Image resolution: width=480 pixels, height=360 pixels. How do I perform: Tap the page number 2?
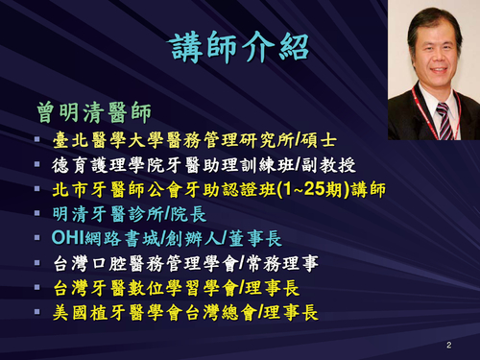pyautogui.click(x=448, y=344)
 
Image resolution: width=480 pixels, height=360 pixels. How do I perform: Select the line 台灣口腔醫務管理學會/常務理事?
pyautogui.click(x=172, y=262)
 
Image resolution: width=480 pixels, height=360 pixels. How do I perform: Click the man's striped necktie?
pyautogui.click(x=444, y=120)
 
